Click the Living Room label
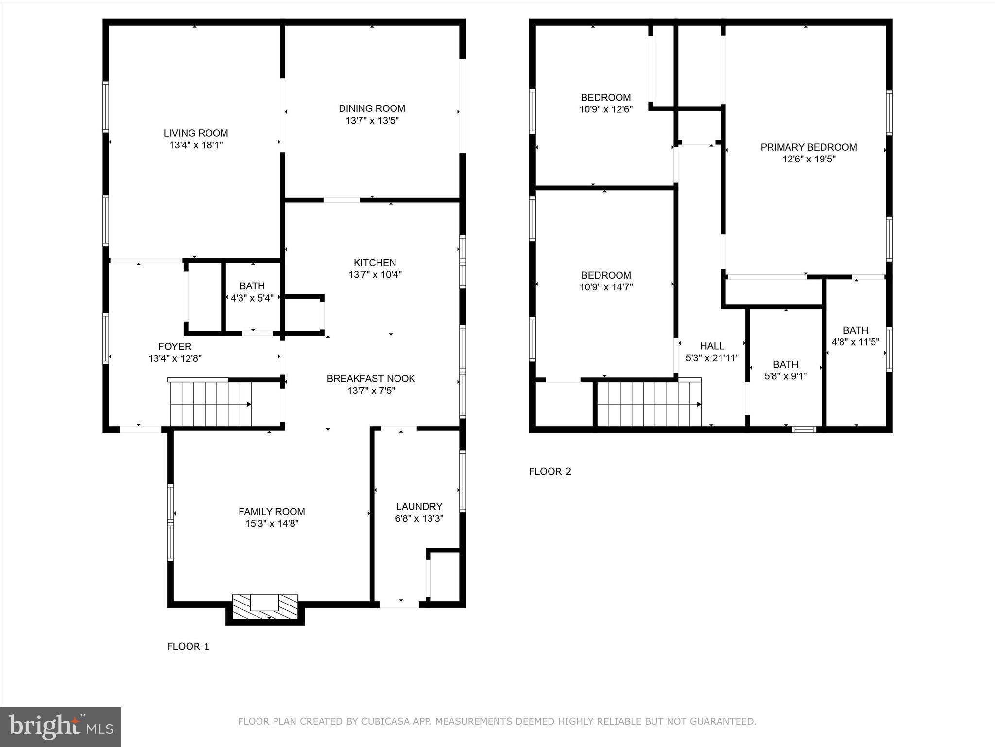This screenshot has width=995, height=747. click(x=196, y=133)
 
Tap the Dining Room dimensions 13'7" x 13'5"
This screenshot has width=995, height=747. click(x=372, y=121)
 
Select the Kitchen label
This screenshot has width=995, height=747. click(x=375, y=263)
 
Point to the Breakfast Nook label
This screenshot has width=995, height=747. click(x=371, y=378)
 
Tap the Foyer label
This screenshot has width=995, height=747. click(x=174, y=346)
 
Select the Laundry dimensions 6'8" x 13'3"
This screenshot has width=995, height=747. click(x=419, y=518)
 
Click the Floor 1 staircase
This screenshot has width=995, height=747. click(x=210, y=404)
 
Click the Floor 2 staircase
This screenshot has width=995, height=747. click(x=649, y=404)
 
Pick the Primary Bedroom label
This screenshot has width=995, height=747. click(x=808, y=147)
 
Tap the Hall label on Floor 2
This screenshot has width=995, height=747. click(x=712, y=346)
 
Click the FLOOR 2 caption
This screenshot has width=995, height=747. click(x=550, y=471)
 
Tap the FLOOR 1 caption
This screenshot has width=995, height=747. click(x=188, y=646)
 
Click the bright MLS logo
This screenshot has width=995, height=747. click(x=61, y=727)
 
